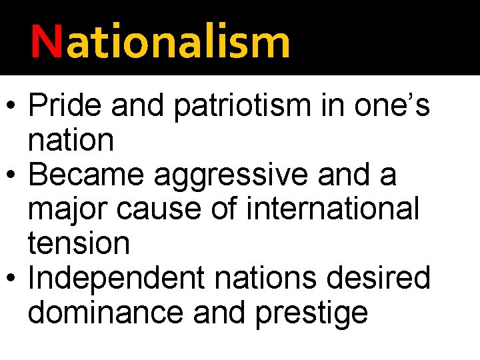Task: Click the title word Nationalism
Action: pyautogui.click(x=160, y=41)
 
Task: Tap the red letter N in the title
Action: pyautogui.click(x=45, y=41)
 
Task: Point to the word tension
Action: pyautogui.click(x=79, y=244)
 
